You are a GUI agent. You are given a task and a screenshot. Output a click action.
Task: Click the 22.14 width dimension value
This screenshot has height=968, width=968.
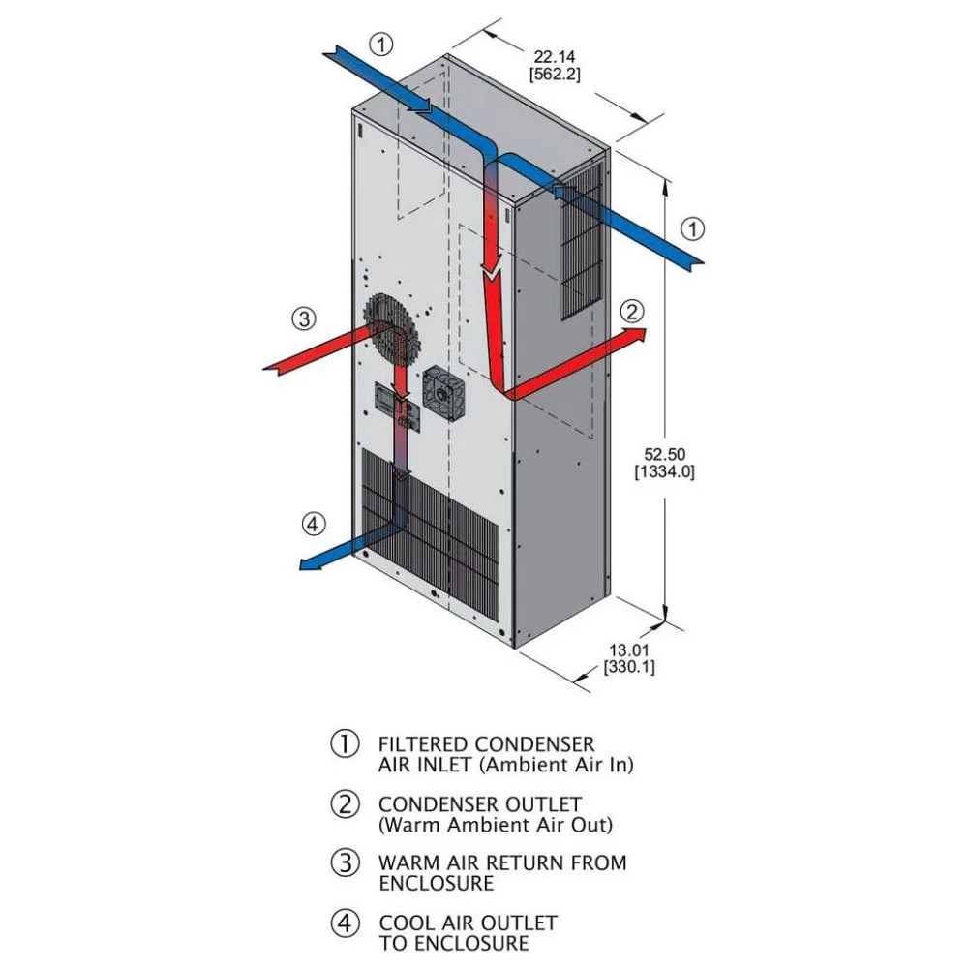(x=555, y=57)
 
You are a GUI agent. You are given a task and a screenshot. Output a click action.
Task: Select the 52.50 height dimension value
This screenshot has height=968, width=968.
(x=664, y=454)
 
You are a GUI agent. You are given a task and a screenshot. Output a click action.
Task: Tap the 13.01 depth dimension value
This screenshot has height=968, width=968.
(x=629, y=650)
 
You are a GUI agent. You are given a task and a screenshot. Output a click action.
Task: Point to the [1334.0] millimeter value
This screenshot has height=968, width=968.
(x=664, y=472)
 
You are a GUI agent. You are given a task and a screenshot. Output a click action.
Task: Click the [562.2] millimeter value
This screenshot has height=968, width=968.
(x=555, y=75)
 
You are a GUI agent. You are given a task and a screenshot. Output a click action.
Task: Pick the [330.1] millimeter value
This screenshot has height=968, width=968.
(x=629, y=667)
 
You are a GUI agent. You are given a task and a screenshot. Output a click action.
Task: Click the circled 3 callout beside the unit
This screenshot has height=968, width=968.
(x=304, y=319)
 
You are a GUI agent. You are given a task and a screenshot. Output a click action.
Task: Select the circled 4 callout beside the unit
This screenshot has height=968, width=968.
(x=313, y=524)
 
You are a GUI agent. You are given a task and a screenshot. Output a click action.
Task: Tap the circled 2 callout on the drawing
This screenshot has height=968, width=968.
(x=631, y=312)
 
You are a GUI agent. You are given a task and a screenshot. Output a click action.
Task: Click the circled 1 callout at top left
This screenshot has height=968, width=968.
(x=380, y=45)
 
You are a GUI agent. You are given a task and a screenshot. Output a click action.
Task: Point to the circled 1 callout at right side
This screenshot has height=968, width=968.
(x=693, y=229)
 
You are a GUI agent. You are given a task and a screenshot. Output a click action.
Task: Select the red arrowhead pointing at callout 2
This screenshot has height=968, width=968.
(x=636, y=337)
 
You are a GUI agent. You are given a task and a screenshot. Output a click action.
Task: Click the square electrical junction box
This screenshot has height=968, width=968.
(x=443, y=391)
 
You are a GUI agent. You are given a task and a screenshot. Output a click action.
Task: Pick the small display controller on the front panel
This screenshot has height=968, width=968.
(x=385, y=400)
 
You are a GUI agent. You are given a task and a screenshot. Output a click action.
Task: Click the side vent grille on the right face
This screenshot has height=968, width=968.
(x=581, y=241)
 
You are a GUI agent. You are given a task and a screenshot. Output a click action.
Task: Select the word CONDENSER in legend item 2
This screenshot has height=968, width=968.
(x=439, y=804)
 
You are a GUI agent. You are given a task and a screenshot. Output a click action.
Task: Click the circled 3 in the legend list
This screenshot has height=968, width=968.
(x=346, y=862)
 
